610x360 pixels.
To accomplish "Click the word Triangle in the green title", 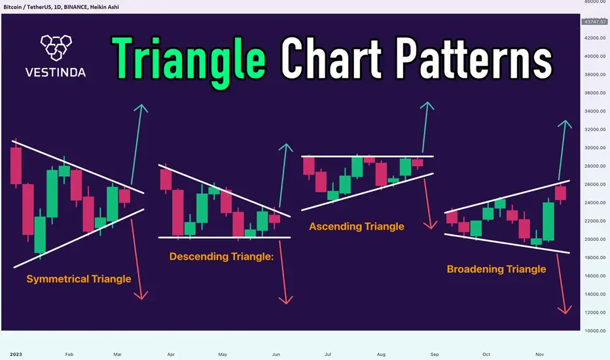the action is pos(188,62).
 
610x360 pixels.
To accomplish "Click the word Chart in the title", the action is pos(332,58).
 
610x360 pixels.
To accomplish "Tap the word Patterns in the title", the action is pos(475,58).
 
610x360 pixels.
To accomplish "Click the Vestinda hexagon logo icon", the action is pos(56,48).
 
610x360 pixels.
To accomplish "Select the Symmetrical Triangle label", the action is pos(79,279).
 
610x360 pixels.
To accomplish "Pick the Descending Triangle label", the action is pos(221,257).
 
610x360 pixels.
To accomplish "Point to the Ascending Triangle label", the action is pos(356,226).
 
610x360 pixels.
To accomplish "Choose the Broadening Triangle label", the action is pos(496,269).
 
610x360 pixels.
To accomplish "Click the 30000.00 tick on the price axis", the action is pos(595,148).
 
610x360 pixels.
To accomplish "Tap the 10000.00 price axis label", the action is pos(595,331).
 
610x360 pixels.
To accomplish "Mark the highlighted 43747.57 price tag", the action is pos(594,22).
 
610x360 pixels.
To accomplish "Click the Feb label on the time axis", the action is pos(69,354).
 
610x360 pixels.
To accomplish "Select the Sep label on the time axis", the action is pos(435,354).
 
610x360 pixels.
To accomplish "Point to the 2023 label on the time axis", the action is pos(16,354).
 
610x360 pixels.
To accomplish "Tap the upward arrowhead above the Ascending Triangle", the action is pos(427,105).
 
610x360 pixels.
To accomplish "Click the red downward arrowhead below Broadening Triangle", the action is pos(564,310).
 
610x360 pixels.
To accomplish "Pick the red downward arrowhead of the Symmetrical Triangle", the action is pos(141,295).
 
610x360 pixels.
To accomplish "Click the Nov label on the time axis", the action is pos(539,354).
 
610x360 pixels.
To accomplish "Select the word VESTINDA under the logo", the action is pos(56,73).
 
